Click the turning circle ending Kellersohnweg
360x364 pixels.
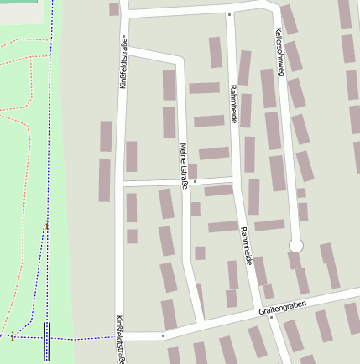pos(295,246)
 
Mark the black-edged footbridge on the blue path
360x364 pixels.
pos(46,341)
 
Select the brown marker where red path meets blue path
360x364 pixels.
pos(13,336)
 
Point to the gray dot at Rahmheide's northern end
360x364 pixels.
pos(229,14)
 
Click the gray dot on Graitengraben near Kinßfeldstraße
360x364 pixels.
pos(164,335)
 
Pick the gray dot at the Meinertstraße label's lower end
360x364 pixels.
pos(194,180)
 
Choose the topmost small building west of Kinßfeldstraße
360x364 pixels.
pos(113,9)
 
